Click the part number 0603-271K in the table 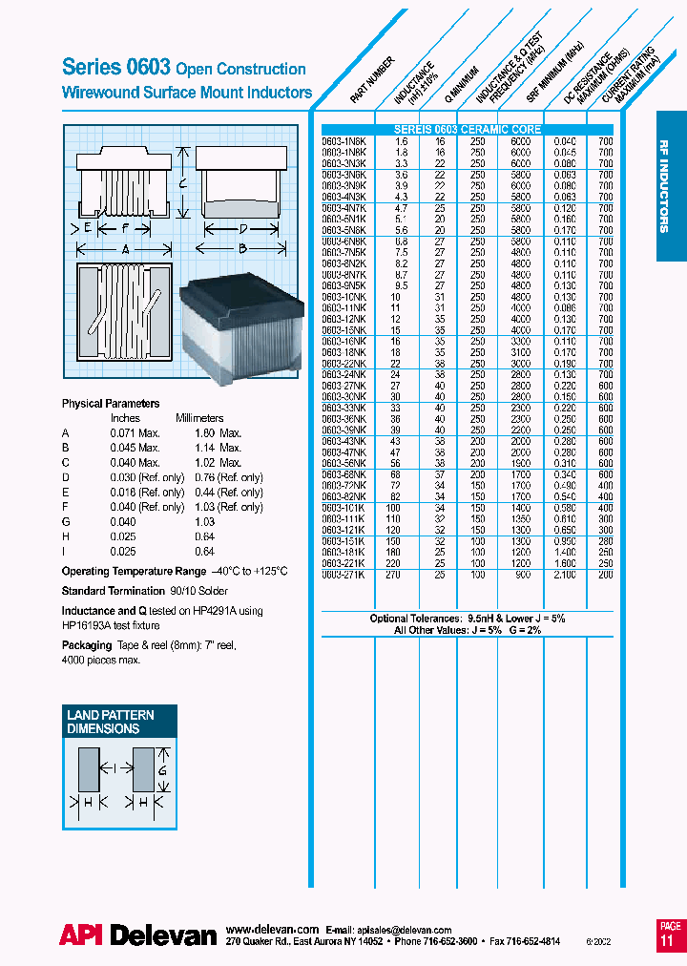click(344, 575)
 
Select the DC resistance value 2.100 click(565, 575)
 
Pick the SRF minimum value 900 click(520, 575)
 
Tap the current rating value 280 click(605, 540)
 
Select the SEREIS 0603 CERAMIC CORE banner click(468, 129)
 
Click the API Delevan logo click(138, 935)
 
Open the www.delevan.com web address click(272, 929)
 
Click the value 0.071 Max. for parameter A click(135, 432)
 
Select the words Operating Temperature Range click(134, 571)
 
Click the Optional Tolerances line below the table click(468, 619)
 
